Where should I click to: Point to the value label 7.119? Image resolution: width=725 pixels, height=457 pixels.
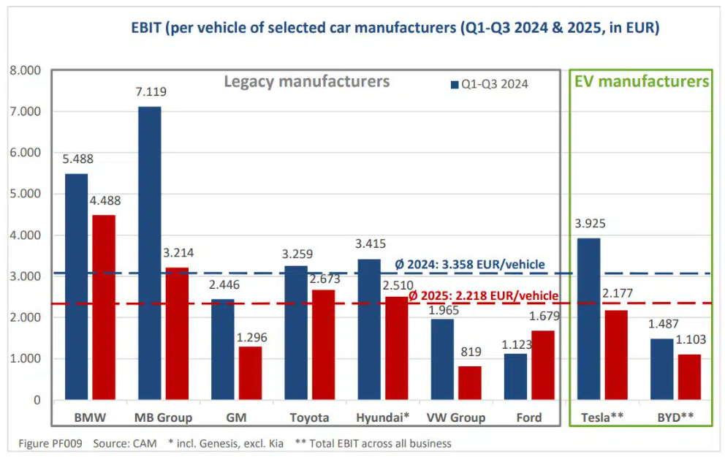pos(150,93)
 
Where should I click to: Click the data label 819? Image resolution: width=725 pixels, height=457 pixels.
pos(469,352)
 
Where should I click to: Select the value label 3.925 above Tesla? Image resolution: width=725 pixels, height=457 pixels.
pos(588,224)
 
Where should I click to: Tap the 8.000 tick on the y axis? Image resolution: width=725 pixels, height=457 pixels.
pos(26,71)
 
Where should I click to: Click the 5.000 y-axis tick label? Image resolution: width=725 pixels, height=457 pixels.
pos(26,194)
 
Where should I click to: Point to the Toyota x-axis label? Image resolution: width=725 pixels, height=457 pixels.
pos(308,418)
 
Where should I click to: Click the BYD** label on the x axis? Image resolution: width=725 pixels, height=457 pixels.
pos(676,418)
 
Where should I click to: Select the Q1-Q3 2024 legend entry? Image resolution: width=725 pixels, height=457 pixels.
pos(490,84)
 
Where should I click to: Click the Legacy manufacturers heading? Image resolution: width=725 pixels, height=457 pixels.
pos(306,81)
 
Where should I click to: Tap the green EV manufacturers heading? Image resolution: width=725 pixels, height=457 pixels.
pos(641,81)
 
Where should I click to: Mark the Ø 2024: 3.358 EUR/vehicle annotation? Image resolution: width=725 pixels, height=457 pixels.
pos(471,264)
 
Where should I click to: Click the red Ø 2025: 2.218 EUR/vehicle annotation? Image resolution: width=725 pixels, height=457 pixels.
pos(484,296)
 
